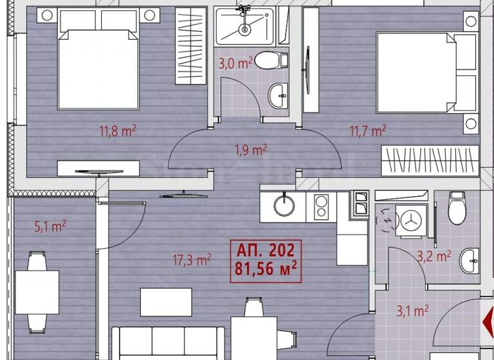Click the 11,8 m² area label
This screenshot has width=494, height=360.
[x=118, y=132]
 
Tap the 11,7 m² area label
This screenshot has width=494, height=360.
[x=367, y=132]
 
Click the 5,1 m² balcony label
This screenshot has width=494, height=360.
[x=50, y=226]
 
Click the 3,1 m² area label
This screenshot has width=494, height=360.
[x=412, y=312]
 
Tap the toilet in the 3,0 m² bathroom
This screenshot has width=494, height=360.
[x=270, y=61]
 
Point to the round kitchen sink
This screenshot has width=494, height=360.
[x=284, y=206]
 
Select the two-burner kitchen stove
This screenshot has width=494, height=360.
[x=321, y=206]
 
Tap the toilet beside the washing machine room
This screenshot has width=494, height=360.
[x=457, y=208]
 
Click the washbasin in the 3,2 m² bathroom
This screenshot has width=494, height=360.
[x=471, y=259]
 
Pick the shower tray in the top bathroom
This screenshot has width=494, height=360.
[x=244, y=26]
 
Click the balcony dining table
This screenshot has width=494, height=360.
[x=37, y=283]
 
